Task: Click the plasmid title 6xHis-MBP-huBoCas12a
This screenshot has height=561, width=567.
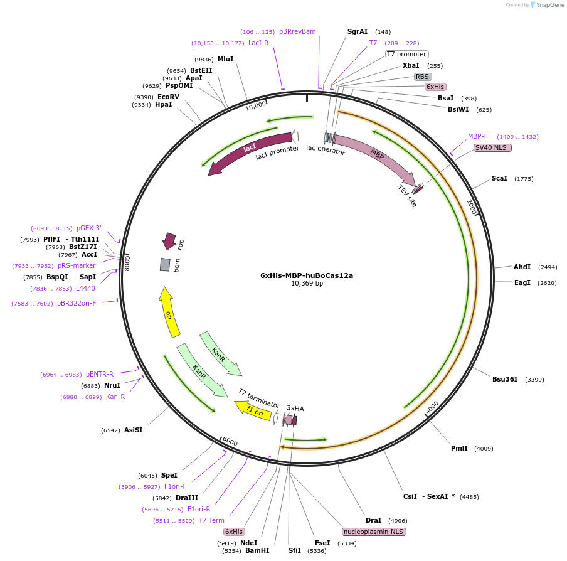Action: click(x=307, y=275)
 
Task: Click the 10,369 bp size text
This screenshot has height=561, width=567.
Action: click(x=307, y=283)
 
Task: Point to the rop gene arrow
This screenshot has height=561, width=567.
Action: click(x=169, y=240)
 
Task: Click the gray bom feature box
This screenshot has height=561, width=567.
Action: click(x=165, y=265)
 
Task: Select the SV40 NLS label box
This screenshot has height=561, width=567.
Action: click(x=492, y=147)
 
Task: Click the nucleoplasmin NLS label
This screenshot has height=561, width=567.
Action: click(x=374, y=532)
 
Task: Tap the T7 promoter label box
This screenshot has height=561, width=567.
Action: click(x=406, y=54)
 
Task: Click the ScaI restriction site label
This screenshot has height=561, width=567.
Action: click(x=499, y=179)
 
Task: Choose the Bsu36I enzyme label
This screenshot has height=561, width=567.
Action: click(x=505, y=379)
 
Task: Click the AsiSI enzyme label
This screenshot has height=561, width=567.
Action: click(x=133, y=430)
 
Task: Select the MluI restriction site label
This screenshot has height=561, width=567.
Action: click(x=225, y=59)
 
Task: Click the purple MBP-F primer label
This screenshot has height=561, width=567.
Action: click(x=477, y=136)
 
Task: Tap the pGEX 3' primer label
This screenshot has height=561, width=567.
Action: click(x=88, y=228)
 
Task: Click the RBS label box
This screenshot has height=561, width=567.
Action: click(x=422, y=77)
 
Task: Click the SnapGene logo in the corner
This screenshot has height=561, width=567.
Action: click(x=546, y=4)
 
